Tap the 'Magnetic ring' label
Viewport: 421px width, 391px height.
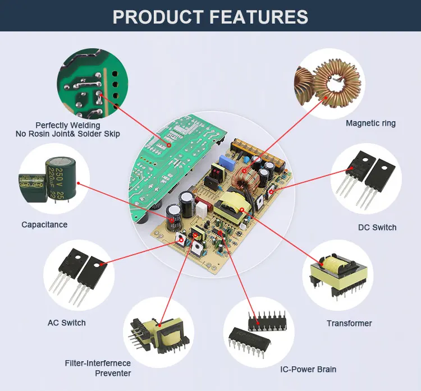370,123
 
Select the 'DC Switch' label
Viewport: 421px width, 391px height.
377,227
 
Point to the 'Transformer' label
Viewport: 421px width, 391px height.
349,323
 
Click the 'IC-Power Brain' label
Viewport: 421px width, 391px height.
308,369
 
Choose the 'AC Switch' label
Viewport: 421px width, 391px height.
67,323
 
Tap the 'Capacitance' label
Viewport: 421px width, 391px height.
44,224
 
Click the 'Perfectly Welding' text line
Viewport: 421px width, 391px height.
68,125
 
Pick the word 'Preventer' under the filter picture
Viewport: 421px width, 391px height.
113,373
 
